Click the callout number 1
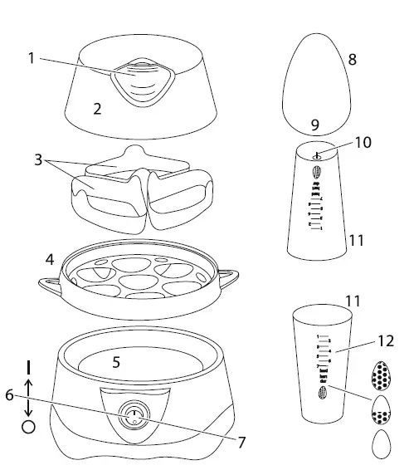click(x=30, y=58)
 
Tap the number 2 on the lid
click(x=97, y=108)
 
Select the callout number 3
click(x=38, y=159)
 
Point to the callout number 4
click(x=50, y=260)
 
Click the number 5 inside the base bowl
click(x=116, y=362)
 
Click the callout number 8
click(x=352, y=60)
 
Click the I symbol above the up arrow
click(x=29, y=365)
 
